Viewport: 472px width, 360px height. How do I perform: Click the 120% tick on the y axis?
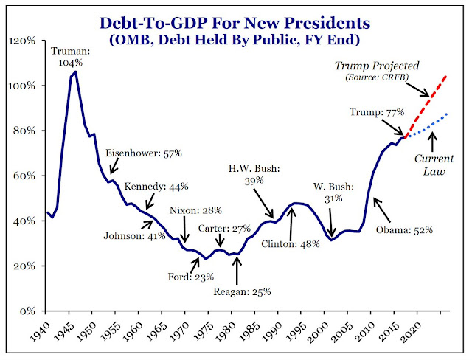coord(27,41)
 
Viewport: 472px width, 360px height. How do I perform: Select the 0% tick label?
coord(31,311)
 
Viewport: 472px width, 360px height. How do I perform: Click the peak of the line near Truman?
coord(75,72)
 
